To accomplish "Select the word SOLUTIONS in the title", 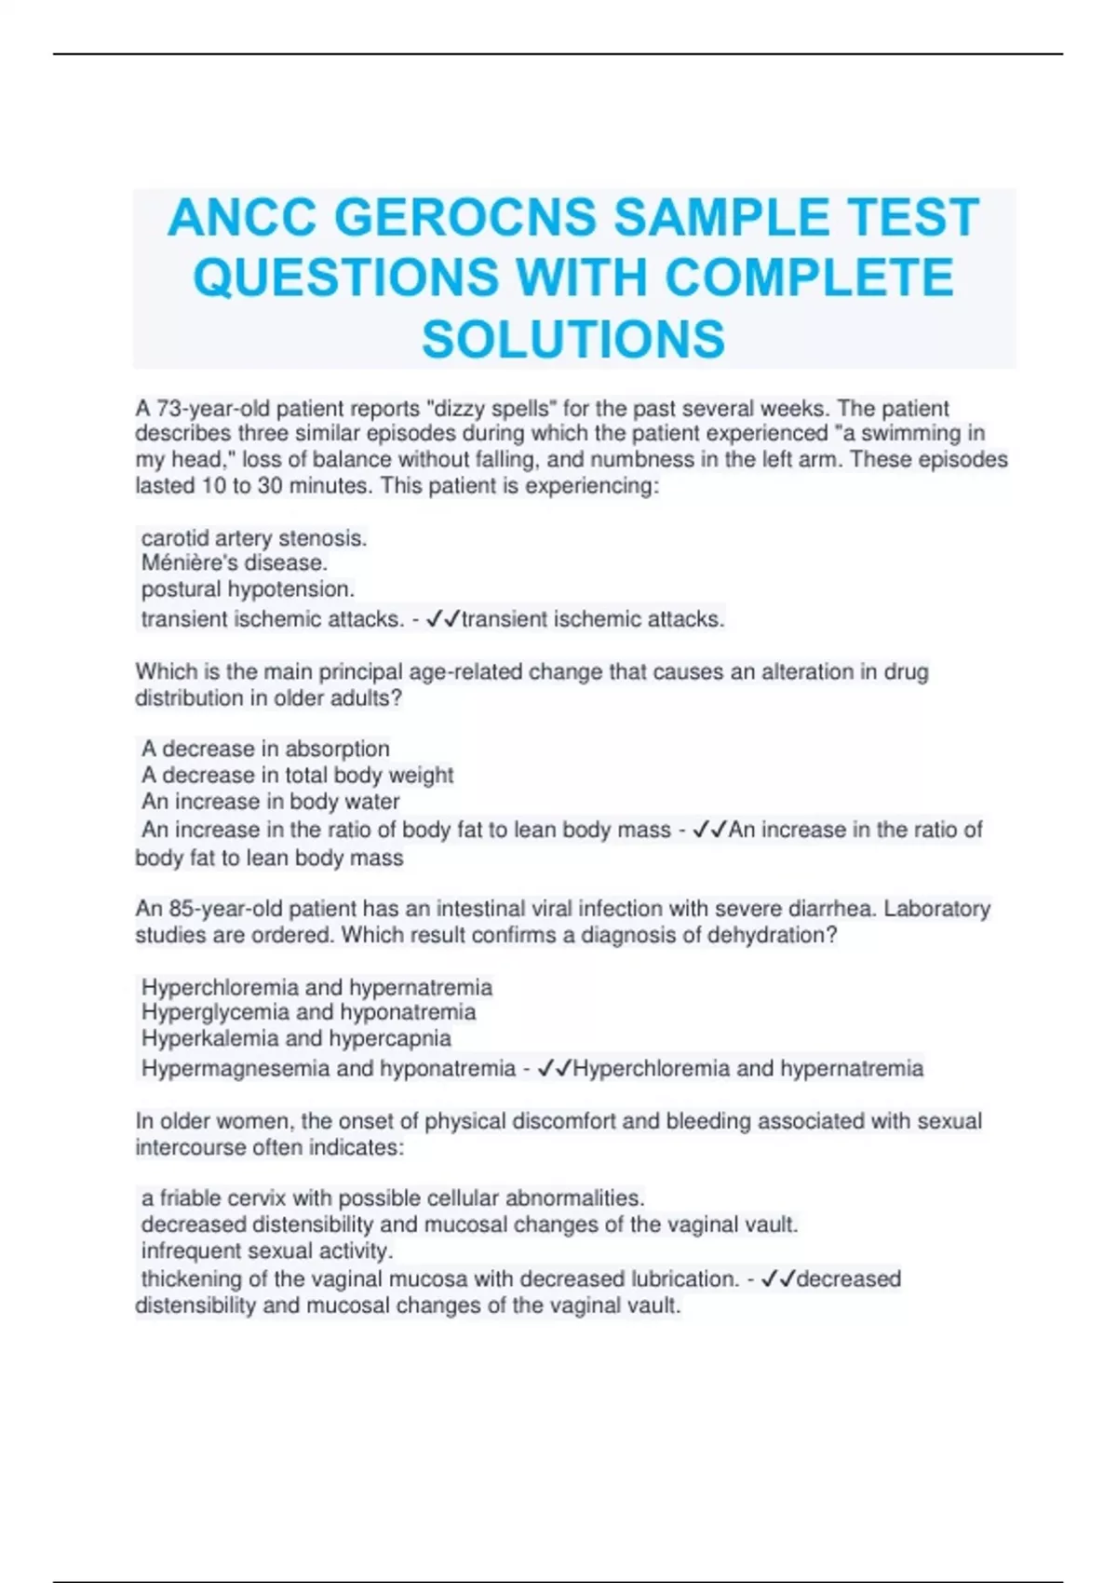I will (x=573, y=338).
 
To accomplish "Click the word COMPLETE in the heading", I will (x=809, y=277).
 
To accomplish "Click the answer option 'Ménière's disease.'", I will (x=234, y=562).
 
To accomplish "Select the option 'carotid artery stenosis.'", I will (x=254, y=537).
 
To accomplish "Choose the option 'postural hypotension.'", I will (x=248, y=589).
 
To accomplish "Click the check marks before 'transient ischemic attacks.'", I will (x=442, y=619).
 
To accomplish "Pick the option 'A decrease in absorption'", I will (x=265, y=748).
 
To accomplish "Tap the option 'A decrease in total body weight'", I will (x=297, y=775).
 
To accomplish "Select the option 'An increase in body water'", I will (x=270, y=801).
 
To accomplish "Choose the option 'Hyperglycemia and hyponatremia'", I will (x=308, y=1011).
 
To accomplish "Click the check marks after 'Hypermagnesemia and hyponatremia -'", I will (x=555, y=1068).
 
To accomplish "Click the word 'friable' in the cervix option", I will (x=194, y=1197).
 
